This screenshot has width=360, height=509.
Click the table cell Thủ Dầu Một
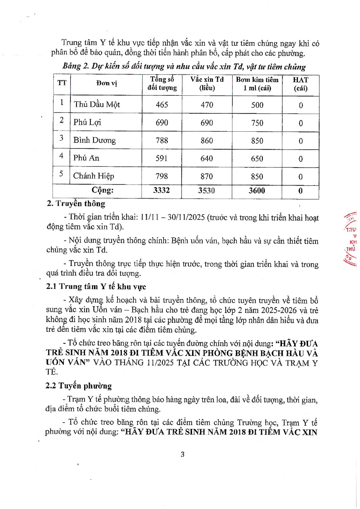coord(97,105)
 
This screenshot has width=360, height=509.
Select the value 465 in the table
coord(162,105)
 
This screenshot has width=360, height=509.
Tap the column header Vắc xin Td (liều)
coord(207,84)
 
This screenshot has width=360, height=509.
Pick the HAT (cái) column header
coord(301,84)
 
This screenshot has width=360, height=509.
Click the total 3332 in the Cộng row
coord(162,190)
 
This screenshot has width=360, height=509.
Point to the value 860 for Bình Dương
coord(207,140)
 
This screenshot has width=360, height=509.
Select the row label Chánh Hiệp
coord(94,176)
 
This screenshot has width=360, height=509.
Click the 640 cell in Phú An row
coord(207,158)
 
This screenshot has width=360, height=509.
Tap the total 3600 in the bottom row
coord(257,191)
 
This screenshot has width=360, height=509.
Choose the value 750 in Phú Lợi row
coord(257,123)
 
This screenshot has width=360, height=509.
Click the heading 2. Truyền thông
coord(76,204)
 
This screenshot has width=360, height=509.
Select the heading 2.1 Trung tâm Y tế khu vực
coord(96,287)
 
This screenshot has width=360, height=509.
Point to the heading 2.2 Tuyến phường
coord(79,386)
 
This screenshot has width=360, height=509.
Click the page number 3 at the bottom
coord(183,454)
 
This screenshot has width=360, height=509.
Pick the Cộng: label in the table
coord(102,190)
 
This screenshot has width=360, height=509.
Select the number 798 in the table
coord(162,176)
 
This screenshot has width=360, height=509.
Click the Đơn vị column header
coord(107,83)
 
